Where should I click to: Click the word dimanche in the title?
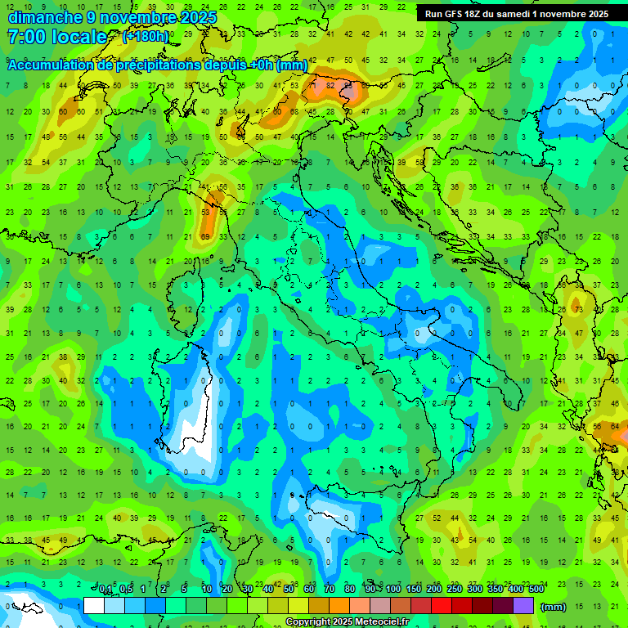point(44,17)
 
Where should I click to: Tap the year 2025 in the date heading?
point(193,17)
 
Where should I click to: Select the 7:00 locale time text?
point(57,37)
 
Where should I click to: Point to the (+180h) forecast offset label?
point(145,37)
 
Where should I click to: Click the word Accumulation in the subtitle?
point(51,65)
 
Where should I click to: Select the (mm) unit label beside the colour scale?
point(554,607)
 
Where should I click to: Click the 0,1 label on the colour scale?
point(105,590)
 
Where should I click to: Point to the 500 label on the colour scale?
point(536,590)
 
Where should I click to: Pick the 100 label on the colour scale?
point(393,590)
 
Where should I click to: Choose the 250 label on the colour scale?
point(455,590)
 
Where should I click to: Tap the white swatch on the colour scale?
point(94,606)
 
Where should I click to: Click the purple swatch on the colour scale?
point(523,606)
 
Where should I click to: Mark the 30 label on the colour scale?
point(248,590)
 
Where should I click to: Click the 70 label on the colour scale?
point(330,590)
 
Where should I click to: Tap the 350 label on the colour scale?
point(496,590)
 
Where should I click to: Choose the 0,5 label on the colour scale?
point(126,590)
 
